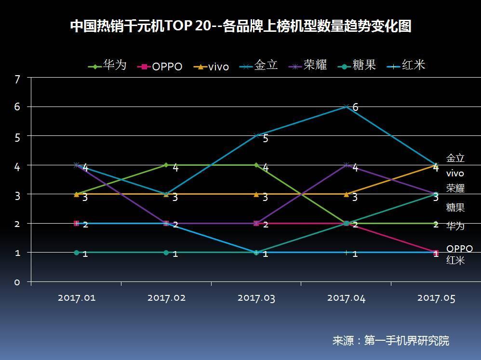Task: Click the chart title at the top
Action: pos(240,26)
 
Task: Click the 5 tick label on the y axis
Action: pos(17,137)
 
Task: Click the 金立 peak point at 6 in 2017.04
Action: pos(346,107)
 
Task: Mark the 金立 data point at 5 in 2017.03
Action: pos(256,135)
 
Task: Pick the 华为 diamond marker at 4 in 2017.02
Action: pos(166,165)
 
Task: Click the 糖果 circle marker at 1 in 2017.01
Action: pos(76,253)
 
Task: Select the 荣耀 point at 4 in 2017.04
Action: pos(346,165)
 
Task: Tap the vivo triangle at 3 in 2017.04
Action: pos(346,194)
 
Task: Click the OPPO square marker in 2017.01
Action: pos(76,223)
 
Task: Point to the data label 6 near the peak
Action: pos(355,107)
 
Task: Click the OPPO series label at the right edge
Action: pos(459,249)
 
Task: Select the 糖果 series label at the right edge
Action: pos(455,208)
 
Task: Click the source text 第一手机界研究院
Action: pos(406,341)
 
